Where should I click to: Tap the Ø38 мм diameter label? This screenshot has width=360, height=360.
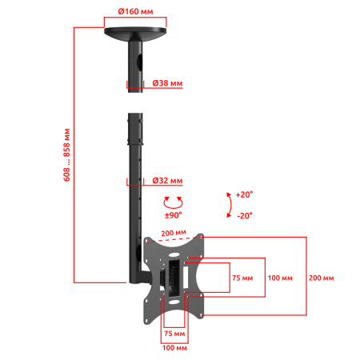tap(167, 83)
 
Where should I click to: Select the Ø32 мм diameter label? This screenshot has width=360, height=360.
tap(167, 182)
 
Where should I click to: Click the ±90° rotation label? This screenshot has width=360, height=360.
tap(173, 214)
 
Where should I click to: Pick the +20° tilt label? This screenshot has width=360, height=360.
tap(245, 194)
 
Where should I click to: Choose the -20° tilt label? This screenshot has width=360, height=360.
tap(245, 215)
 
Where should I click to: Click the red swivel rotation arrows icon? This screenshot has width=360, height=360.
tap(173, 202)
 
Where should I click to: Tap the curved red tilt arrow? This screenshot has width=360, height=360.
tap(230, 205)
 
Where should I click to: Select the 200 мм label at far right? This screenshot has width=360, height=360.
tap(322, 277)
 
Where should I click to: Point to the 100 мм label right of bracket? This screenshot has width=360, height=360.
tap(280, 277)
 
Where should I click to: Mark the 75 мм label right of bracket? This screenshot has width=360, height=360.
tap(242, 277)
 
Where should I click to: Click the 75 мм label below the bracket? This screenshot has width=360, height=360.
tap(174, 331)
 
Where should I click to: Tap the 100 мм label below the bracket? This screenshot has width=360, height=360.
tap(174, 347)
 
